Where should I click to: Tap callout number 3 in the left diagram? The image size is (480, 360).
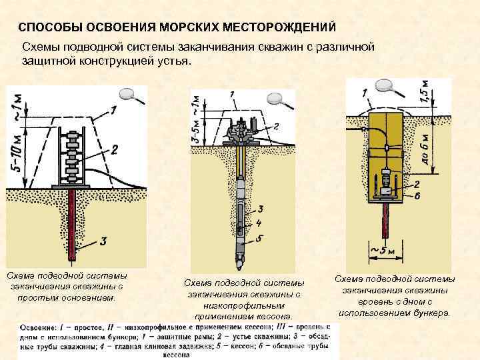pos(103,241)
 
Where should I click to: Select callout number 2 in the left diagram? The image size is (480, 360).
pos(114,150)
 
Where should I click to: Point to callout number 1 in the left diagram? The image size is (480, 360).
pos(113,110)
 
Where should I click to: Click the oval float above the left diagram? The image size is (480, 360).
pos(127,94)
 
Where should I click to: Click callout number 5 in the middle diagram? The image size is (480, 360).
pos(260,238)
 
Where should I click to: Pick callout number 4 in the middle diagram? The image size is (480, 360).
pos(259,223)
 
